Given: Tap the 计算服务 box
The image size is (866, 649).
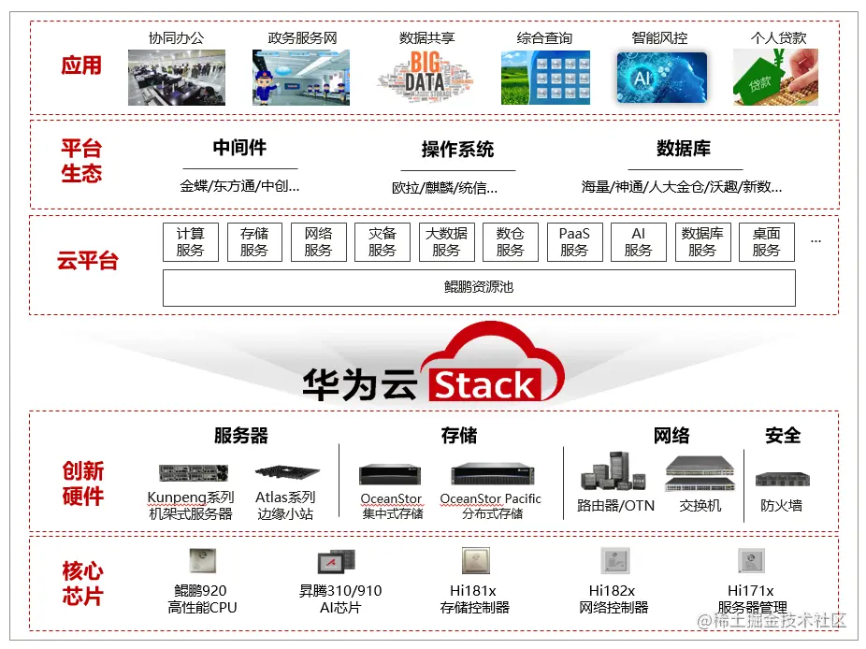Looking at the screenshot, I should click(190, 242).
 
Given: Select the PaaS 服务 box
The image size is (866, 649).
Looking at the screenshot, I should click(574, 242).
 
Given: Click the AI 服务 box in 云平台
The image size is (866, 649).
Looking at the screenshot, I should click(638, 242).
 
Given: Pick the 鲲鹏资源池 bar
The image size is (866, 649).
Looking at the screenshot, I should click(479, 287).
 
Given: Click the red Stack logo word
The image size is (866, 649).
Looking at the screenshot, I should click(484, 385).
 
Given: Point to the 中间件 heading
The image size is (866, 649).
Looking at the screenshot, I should click(239, 148).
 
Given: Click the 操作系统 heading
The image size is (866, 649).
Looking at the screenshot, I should click(457, 150).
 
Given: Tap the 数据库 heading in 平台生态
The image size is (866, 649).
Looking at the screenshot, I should click(683, 149).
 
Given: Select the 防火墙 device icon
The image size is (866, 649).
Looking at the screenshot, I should click(782, 480).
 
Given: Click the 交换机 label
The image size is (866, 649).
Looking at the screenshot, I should click(700, 506).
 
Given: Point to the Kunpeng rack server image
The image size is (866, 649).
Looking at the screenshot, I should click(193, 473).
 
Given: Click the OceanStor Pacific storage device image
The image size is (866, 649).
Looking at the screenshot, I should click(491, 474).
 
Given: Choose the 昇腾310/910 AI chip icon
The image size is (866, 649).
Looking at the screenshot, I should click(334, 561).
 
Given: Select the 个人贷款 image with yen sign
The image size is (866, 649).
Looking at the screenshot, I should click(769, 77).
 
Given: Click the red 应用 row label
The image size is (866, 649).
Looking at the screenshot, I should click(81, 65).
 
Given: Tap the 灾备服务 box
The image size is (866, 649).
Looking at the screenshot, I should click(382, 242).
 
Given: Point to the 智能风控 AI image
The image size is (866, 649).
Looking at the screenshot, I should click(660, 77).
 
